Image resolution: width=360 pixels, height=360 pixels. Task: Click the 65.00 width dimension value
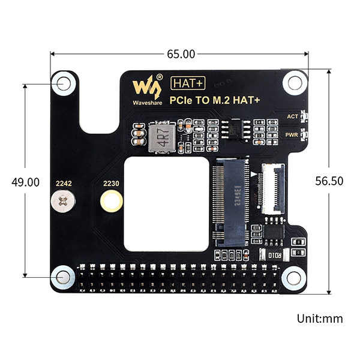181,54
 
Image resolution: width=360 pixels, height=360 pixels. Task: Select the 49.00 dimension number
25,182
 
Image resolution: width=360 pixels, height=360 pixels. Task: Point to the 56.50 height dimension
329,181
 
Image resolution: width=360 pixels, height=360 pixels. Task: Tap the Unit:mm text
320,319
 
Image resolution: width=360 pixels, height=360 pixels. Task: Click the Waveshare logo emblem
147,87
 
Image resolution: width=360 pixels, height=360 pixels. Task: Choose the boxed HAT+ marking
188,83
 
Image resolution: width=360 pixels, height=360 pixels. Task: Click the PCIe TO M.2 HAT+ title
215,100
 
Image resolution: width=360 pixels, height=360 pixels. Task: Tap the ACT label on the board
293,116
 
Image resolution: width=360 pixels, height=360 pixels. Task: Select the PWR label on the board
292,135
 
